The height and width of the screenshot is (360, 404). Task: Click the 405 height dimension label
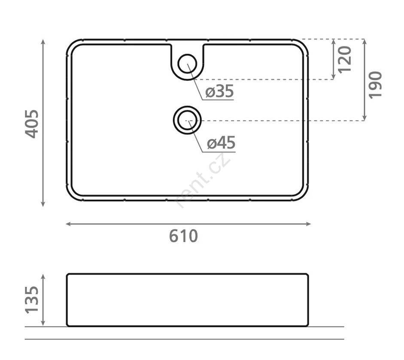32,124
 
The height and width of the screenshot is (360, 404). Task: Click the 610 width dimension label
183,236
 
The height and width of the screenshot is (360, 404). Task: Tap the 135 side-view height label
32,300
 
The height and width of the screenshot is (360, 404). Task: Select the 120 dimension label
345,60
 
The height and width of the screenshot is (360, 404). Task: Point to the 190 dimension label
375,85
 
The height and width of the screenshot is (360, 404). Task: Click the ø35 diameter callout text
219,91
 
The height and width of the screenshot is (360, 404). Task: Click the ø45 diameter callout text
221,143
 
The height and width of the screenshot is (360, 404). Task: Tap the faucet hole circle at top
187,64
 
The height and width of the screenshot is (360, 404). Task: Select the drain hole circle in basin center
187,120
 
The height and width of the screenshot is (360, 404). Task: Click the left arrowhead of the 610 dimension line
68,224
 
